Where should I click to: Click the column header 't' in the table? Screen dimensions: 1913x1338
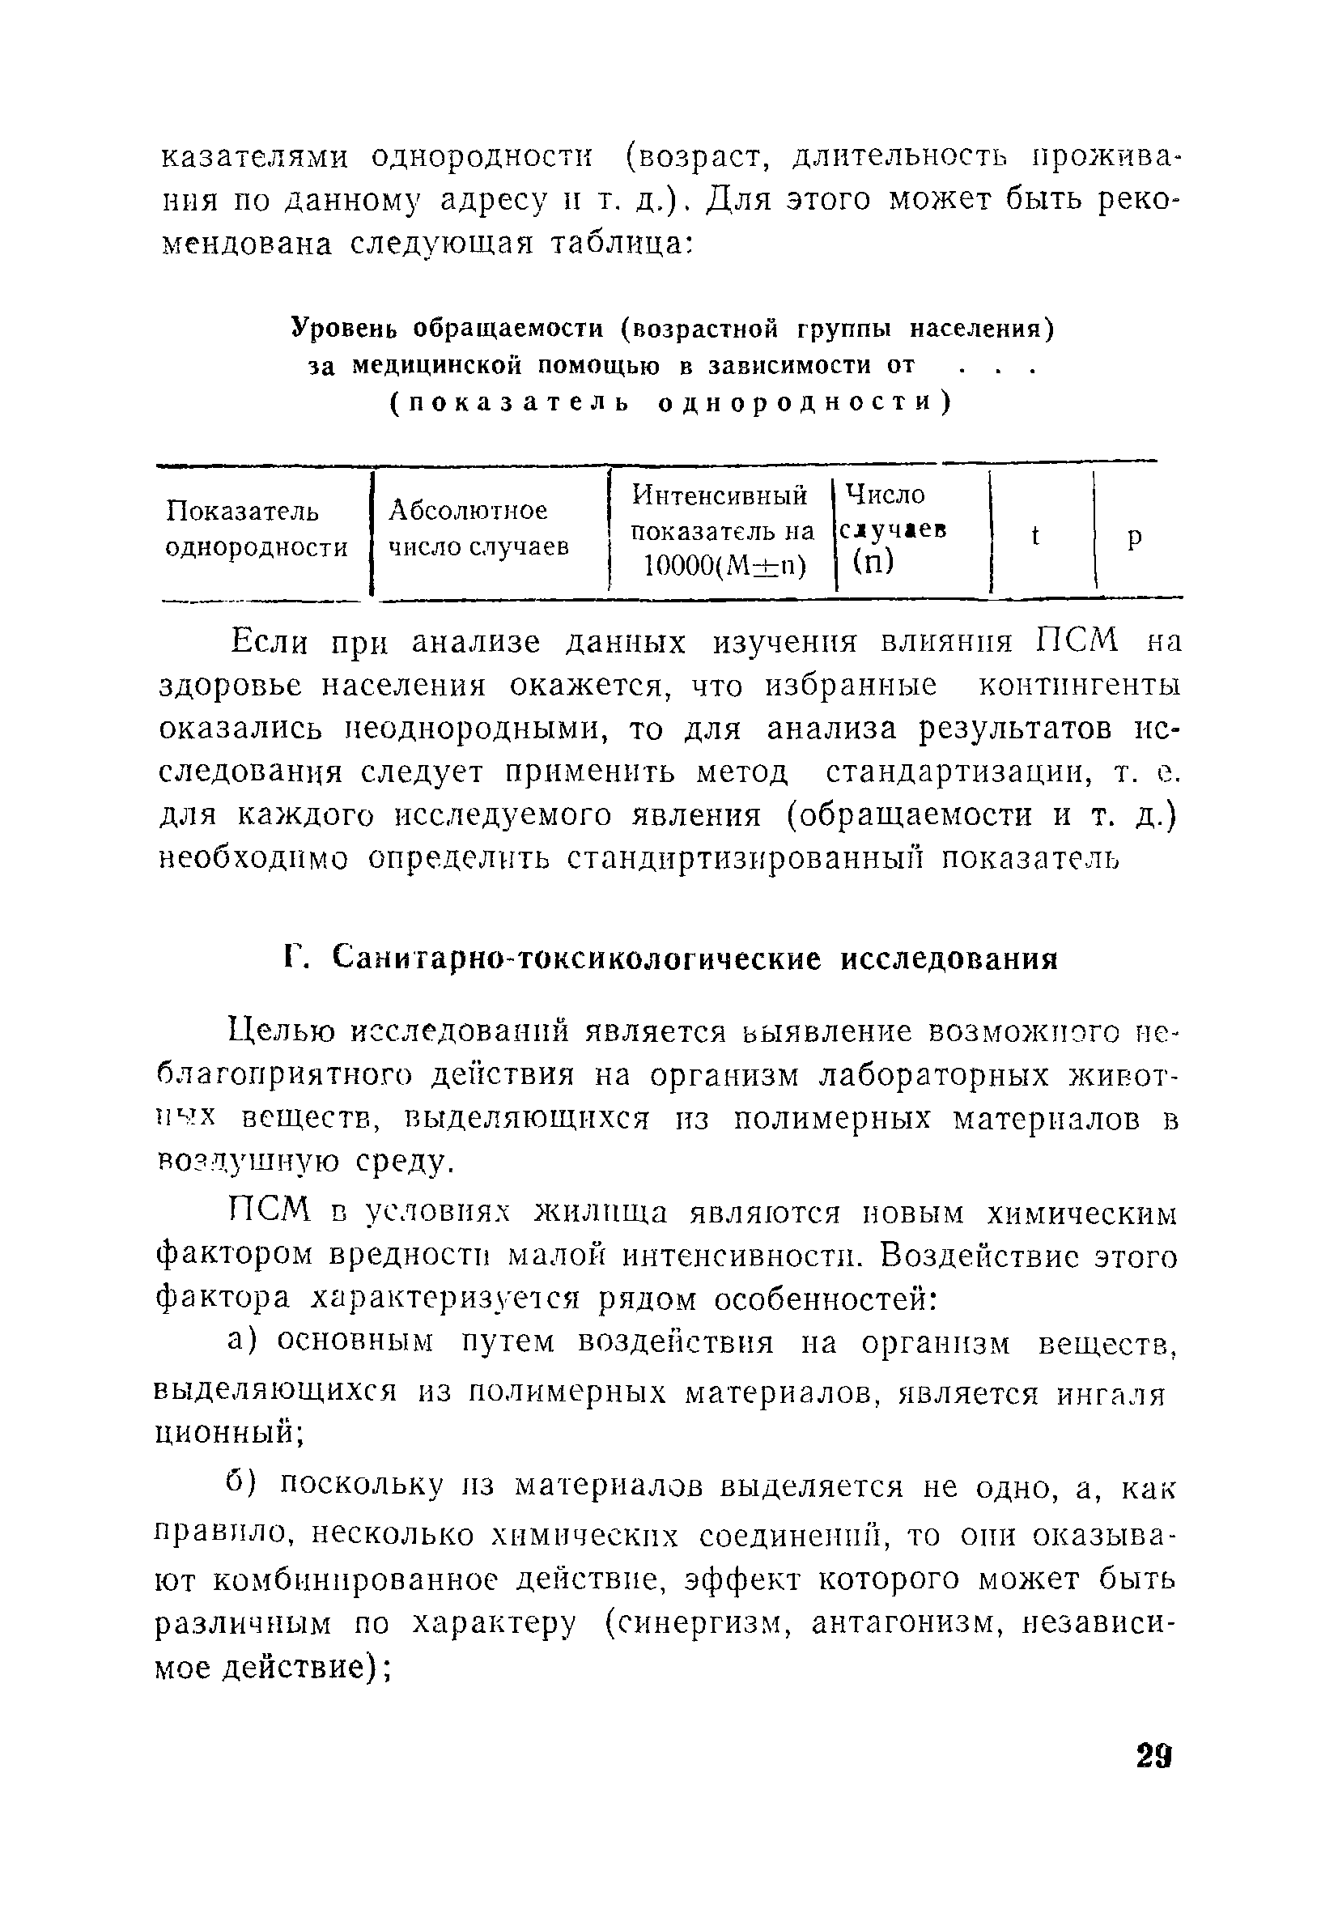point(1035,537)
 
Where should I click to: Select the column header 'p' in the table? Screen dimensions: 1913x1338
point(1134,538)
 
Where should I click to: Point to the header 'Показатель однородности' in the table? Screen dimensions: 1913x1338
point(256,529)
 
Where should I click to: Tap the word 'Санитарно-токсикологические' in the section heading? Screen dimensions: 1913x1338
point(576,959)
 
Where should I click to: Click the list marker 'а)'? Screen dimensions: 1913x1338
point(246,1341)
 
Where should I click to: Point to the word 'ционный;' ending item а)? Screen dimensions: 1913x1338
point(229,1431)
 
